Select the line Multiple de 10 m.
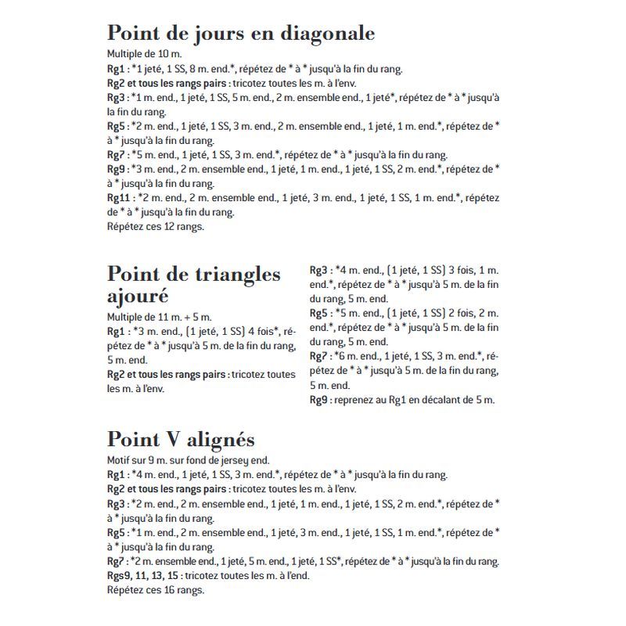click(145, 55)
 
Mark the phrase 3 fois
click(461, 270)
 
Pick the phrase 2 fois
click(462, 313)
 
